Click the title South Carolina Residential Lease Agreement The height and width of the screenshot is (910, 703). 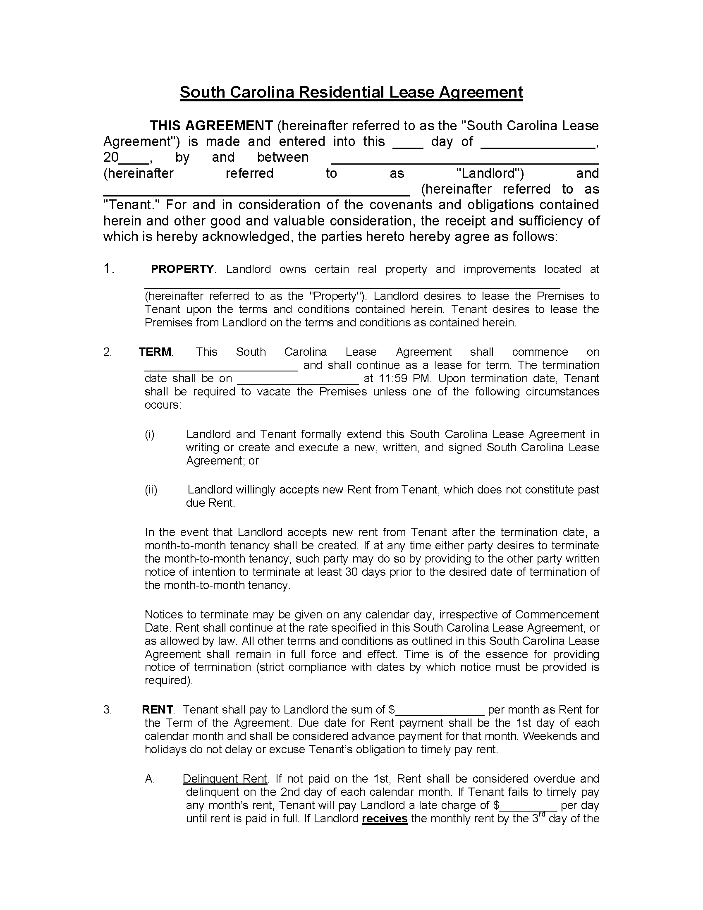[351, 92]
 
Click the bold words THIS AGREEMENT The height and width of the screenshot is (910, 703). [211, 126]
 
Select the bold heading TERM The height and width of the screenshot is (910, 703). [155, 352]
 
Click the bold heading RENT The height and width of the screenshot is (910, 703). [158, 709]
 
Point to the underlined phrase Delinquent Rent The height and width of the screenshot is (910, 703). [225, 778]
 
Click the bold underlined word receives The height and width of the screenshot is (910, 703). [385, 818]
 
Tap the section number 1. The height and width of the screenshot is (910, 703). [108, 269]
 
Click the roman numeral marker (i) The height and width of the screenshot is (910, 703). [150, 434]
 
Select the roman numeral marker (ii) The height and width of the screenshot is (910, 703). [151, 490]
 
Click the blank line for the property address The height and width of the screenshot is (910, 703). [352, 285]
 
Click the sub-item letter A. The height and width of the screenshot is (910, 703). [150, 779]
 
